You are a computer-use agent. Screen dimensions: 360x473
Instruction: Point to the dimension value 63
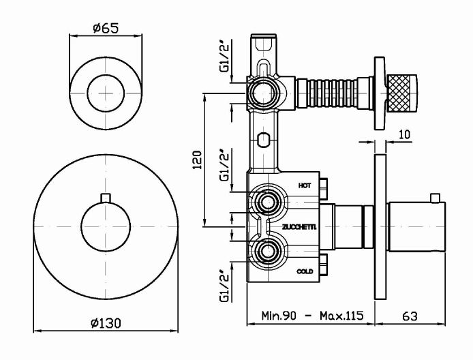point(409,316)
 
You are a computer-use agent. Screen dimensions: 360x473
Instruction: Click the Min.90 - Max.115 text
point(313,316)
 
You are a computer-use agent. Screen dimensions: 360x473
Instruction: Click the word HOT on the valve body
point(305,185)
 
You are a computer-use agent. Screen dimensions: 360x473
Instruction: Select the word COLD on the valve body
point(305,271)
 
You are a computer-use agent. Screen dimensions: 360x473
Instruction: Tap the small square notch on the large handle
point(104,198)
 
